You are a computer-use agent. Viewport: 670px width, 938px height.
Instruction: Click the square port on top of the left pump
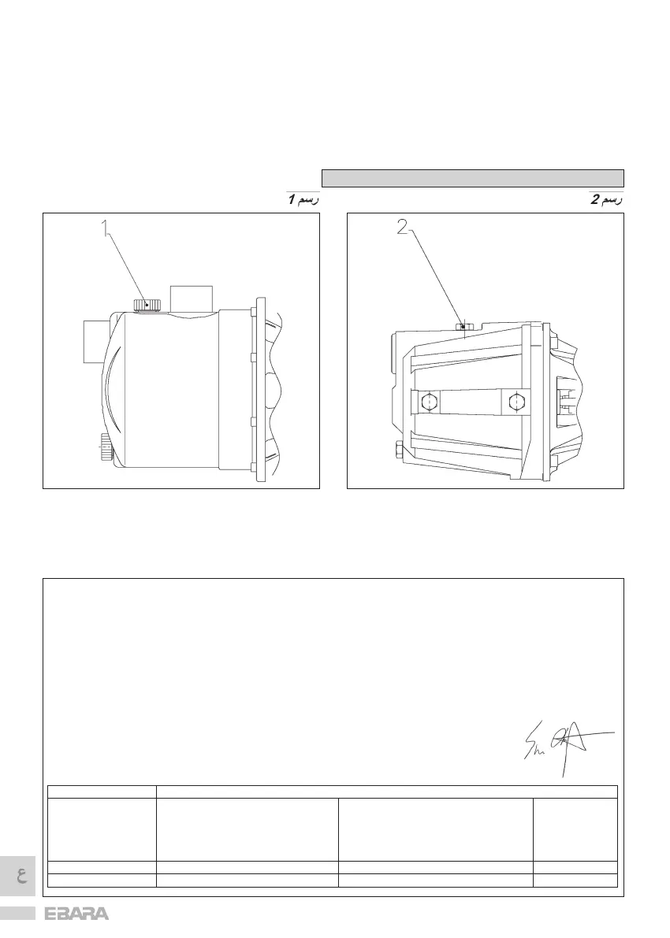click(x=192, y=298)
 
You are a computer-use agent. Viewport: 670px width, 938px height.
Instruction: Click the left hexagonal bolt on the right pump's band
click(x=428, y=402)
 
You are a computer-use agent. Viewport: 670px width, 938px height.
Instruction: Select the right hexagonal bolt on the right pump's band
click(x=516, y=402)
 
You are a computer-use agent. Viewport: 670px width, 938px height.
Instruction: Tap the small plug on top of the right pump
click(x=463, y=327)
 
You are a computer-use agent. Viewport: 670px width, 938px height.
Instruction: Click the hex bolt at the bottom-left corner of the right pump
click(x=399, y=451)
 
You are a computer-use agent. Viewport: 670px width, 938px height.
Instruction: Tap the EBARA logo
click(x=77, y=915)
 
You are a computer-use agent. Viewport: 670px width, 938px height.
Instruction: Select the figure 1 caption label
click(x=302, y=200)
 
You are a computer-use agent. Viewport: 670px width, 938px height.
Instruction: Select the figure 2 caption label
click(x=607, y=200)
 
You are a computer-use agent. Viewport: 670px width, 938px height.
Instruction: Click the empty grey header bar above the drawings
click(x=472, y=177)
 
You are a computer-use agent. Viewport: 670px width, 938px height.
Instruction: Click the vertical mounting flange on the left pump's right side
click(x=259, y=390)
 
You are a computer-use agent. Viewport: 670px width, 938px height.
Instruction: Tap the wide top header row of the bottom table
click(x=386, y=792)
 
